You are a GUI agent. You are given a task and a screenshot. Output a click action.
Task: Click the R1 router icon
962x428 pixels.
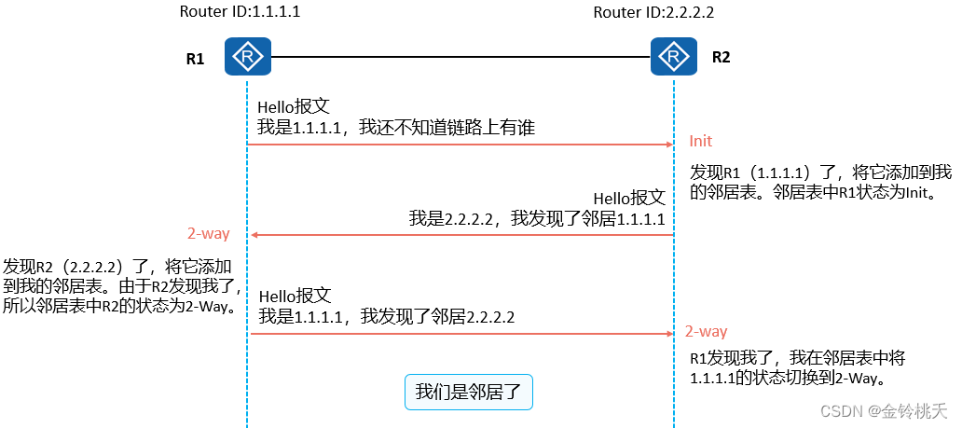248,57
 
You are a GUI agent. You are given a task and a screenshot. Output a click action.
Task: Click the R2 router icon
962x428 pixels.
674,57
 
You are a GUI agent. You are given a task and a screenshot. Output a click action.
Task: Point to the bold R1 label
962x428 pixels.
195,59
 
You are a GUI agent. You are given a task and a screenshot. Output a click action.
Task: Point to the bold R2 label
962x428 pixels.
721,57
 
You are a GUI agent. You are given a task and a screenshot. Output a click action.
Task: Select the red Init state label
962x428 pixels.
700,141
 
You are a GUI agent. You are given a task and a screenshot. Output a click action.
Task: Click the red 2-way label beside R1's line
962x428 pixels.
209,234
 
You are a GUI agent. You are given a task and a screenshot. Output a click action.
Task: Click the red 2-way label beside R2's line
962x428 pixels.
706,331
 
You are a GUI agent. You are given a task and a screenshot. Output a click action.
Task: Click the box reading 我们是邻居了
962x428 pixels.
468,392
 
